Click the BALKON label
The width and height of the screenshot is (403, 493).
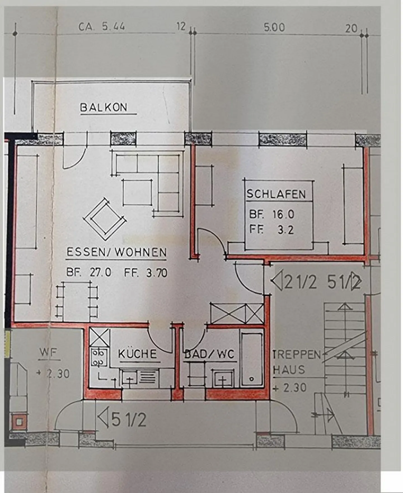pyautogui.click(x=104, y=108)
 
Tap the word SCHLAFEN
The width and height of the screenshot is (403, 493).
pyautogui.click(x=276, y=194)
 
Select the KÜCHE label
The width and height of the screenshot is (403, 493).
pyautogui.click(x=137, y=354)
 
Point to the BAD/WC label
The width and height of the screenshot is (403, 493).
pyautogui.click(x=209, y=354)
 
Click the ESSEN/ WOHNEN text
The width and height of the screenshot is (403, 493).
pyautogui.click(x=116, y=252)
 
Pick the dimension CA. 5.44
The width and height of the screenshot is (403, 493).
pyautogui.click(x=102, y=27)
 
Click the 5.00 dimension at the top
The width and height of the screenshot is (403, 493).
pyautogui.click(x=274, y=27)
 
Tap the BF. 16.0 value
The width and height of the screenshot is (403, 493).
pyautogui.click(x=271, y=214)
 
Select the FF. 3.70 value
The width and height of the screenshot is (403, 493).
pyautogui.click(x=146, y=272)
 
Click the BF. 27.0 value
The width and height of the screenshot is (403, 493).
pyautogui.click(x=89, y=272)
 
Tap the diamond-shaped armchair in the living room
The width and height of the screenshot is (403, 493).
pyautogui.click(x=104, y=219)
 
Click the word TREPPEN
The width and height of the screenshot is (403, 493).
pyautogui.click(x=297, y=355)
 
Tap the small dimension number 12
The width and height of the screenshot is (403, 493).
pyautogui.click(x=181, y=26)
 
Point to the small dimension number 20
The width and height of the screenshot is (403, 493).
pyautogui.click(x=351, y=28)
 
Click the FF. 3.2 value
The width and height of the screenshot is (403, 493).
pyautogui.click(x=271, y=230)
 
